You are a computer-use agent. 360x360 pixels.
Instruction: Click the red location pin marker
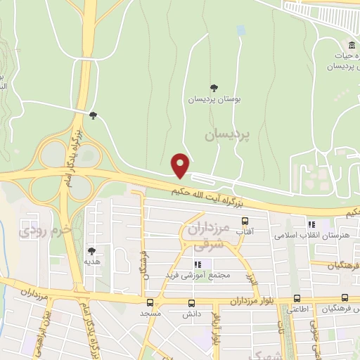[x=181, y=165]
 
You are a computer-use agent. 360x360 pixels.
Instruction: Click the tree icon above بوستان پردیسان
[x=214, y=88]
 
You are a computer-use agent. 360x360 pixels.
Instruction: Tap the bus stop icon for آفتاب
[x=245, y=220]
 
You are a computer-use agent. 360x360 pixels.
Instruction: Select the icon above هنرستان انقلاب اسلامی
[x=311, y=224]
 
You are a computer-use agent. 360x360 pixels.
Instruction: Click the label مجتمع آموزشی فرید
[x=200, y=274]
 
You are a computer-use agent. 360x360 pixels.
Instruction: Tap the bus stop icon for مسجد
[x=150, y=303]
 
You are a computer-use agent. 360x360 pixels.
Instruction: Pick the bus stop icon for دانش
[x=192, y=303]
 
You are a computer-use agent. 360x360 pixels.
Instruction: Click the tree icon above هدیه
[x=91, y=250]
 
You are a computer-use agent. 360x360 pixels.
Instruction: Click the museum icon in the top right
[x=342, y=46]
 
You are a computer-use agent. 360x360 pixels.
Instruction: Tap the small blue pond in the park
[x=241, y=31]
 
